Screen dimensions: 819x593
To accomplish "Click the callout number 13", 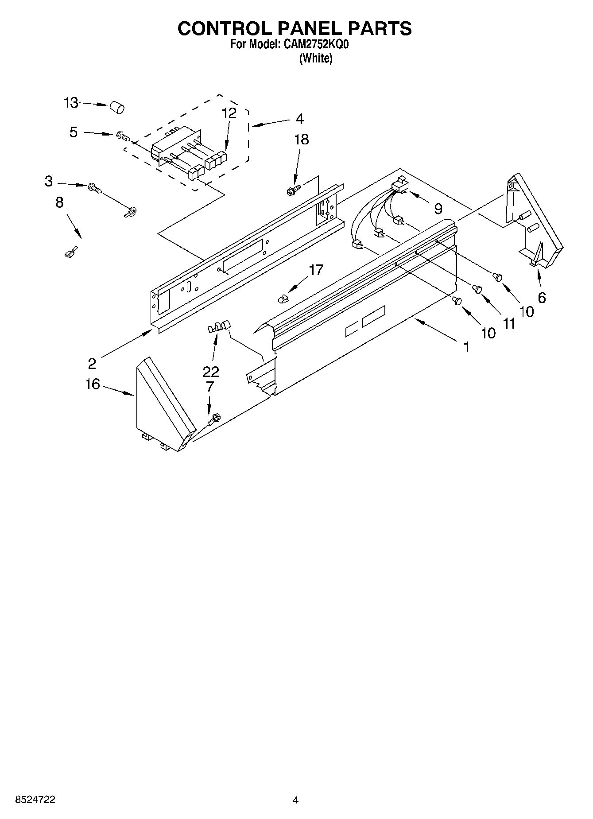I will (71, 103).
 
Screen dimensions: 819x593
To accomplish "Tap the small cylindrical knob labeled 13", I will (117, 107).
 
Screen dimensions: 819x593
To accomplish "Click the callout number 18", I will (302, 140).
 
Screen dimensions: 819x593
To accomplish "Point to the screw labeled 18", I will (292, 190).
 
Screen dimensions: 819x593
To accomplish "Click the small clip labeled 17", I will (283, 299).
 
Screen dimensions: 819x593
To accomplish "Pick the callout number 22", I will (211, 371).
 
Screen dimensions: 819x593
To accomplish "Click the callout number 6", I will (542, 298).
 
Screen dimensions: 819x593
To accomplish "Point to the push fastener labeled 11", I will (477, 289).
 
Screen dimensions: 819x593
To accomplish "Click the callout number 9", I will (438, 209).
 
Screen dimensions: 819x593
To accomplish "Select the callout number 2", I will (92, 364).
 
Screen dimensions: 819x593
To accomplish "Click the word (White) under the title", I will (316, 58).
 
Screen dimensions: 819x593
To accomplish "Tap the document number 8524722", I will (35, 800).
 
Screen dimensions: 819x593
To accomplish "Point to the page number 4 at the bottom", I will (295, 800).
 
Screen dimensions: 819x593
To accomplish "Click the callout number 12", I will (229, 113).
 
